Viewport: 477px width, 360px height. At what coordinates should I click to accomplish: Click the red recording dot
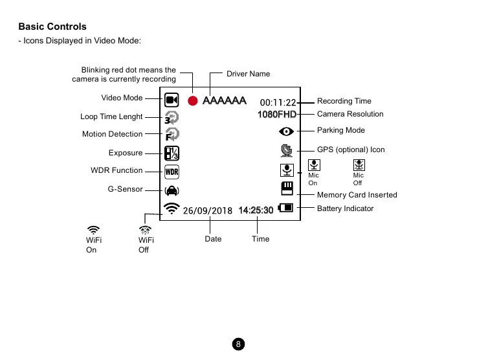click(x=192, y=101)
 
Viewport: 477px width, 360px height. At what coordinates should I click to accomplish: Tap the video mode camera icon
click(x=172, y=100)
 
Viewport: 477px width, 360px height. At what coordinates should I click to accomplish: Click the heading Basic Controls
click(x=52, y=27)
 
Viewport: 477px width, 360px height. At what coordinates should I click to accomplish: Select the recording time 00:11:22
click(x=278, y=102)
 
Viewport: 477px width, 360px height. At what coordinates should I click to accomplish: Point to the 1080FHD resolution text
click(x=276, y=115)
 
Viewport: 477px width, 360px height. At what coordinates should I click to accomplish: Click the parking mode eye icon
click(x=287, y=131)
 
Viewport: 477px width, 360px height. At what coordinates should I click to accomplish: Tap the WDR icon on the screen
click(x=172, y=172)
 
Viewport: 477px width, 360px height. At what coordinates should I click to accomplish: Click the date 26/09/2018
click(x=207, y=210)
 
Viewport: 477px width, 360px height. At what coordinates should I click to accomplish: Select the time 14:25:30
click(x=256, y=210)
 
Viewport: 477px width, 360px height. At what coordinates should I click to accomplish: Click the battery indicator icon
click(x=285, y=208)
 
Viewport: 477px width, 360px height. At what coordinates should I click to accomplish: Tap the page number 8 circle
click(x=238, y=344)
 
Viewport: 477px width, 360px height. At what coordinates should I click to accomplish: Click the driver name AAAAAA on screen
click(x=224, y=101)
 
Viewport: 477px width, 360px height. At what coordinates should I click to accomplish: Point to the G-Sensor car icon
click(x=172, y=190)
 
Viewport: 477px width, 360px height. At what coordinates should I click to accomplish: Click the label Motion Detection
click(x=112, y=135)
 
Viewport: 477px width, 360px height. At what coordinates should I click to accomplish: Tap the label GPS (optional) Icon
click(x=351, y=150)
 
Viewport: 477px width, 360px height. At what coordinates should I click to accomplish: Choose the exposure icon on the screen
click(x=172, y=153)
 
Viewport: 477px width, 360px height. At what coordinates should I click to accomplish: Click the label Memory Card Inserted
click(x=357, y=195)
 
